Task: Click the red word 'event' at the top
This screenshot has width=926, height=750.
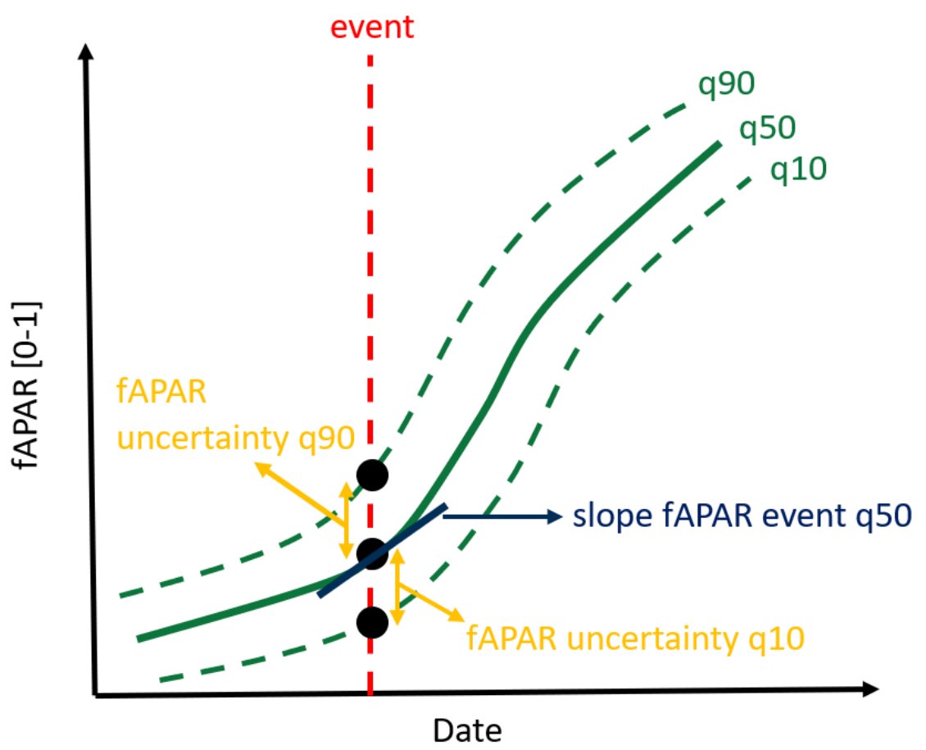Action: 371,27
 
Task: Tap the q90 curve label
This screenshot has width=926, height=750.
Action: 726,84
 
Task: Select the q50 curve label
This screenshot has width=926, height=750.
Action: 767,128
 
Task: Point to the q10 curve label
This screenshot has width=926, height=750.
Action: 798,170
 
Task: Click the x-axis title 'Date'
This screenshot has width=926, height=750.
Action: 467,730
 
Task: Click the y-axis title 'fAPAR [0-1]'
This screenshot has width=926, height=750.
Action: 26,385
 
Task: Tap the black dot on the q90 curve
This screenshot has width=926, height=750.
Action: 372,475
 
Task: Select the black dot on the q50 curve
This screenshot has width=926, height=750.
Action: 372,553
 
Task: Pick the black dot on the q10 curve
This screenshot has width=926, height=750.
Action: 372,622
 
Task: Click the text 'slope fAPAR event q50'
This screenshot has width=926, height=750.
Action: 742,516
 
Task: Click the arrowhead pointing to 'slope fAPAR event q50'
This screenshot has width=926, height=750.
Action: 555,516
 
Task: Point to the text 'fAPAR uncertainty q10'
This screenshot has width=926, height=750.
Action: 635,639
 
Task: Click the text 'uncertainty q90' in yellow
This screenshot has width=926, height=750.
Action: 236,439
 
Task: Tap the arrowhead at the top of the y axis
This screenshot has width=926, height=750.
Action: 86,51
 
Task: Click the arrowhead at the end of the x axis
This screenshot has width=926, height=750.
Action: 871,689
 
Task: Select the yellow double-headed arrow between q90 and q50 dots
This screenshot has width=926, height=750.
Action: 346,520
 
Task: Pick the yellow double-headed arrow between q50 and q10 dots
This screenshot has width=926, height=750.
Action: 398,586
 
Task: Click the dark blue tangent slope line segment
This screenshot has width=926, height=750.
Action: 382,550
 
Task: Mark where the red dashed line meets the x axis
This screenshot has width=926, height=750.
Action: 370,694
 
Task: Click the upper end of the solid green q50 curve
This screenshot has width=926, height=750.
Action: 719,144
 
